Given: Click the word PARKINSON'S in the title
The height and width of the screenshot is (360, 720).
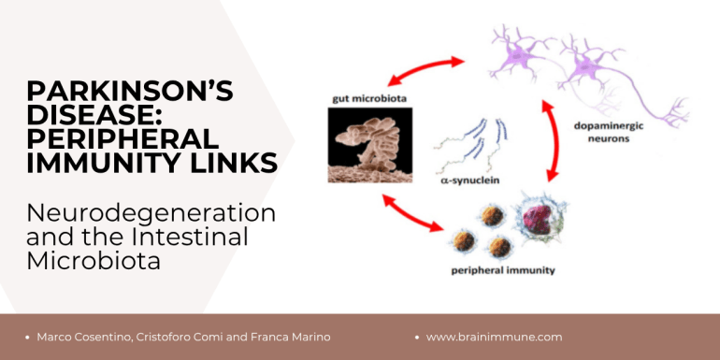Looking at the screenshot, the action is click(x=130, y=91).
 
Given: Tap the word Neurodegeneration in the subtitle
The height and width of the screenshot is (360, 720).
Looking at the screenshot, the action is click(x=151, y=213).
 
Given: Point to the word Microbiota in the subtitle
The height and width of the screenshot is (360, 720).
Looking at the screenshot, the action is click(x=94, y=261).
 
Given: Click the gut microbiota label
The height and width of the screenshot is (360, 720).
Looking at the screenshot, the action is click(x=370, y=99).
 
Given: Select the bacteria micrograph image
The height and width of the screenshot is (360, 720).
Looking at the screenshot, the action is click(x=370, y=145).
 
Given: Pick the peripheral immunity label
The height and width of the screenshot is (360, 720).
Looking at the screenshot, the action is click(x=503, y=270).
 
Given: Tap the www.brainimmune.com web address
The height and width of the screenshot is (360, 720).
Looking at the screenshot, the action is click(x=494, y=337).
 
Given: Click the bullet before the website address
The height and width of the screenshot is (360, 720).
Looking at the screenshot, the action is click(x=417, y=338).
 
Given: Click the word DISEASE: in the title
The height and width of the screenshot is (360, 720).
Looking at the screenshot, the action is click(x=94, y=115).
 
